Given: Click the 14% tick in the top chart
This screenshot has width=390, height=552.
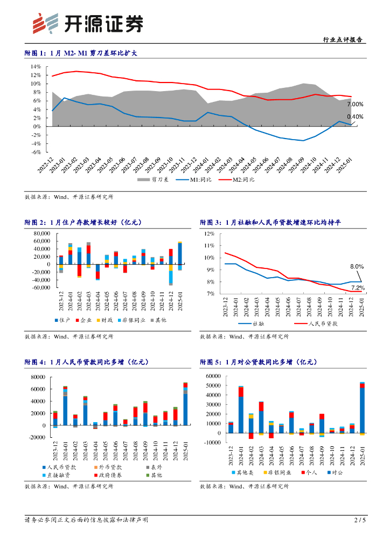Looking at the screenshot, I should (36, 67).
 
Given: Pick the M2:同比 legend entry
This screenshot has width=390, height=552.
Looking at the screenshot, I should (241, 180).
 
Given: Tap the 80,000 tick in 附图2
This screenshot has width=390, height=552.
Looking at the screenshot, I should (41, 233).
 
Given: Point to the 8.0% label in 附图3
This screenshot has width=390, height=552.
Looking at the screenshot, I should (357, 266).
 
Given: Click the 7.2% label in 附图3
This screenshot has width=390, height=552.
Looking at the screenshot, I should (357, 288).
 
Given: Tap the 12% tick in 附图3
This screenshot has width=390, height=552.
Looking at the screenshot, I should (210, 233).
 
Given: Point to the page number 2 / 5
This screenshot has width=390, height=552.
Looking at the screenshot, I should (360, 520).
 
